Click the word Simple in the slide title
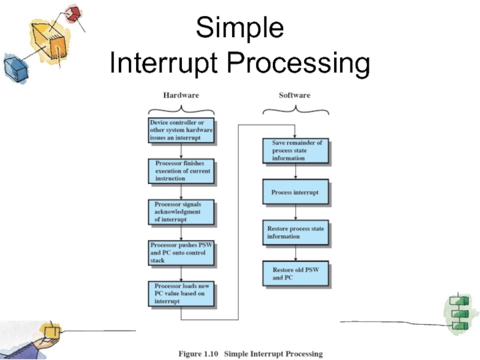(240, 28)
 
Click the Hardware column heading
(181, 95)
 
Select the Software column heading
(295, 95)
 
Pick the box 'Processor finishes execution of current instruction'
(181, 171)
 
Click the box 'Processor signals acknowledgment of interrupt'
(181, 212)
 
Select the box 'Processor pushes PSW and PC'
(181, 253)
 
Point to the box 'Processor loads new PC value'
(181, 294)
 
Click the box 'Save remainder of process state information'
(296, 151)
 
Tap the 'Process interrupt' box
(296, 193)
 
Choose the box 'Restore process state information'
(296, 233)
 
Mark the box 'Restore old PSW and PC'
(296, 274)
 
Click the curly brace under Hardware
(181, 109)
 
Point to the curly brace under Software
(295, 109)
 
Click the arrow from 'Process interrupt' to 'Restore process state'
(296, 213)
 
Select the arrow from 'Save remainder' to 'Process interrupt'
(296, 172)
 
